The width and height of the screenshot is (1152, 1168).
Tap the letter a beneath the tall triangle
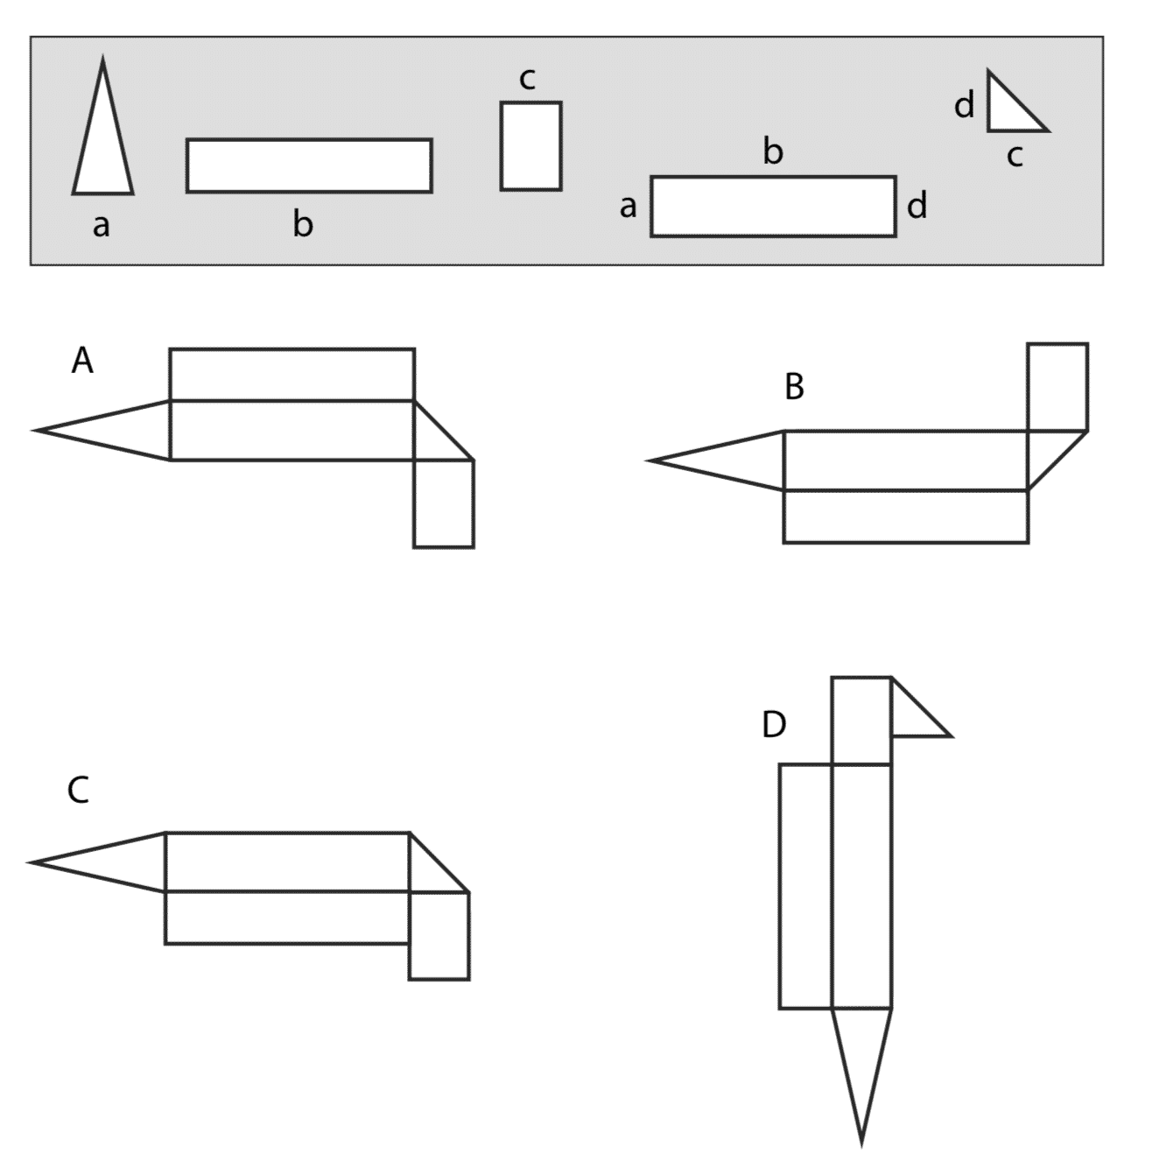102,226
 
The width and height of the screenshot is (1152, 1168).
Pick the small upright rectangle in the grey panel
530,146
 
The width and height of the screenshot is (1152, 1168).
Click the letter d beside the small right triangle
964,104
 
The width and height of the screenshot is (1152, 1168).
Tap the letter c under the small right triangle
1015,157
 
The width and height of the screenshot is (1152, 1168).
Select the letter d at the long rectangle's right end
917,205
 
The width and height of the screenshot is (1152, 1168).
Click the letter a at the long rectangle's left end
628,207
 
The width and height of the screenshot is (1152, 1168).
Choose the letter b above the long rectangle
773,151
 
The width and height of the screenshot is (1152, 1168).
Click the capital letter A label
82,362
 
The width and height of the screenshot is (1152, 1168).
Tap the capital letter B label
794,386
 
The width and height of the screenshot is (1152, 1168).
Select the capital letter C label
79,790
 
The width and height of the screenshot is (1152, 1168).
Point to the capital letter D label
774,724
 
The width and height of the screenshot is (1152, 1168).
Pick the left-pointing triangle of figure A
103,431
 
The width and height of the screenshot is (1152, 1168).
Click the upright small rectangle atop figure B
1057,387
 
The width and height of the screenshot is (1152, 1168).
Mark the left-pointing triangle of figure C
97,862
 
